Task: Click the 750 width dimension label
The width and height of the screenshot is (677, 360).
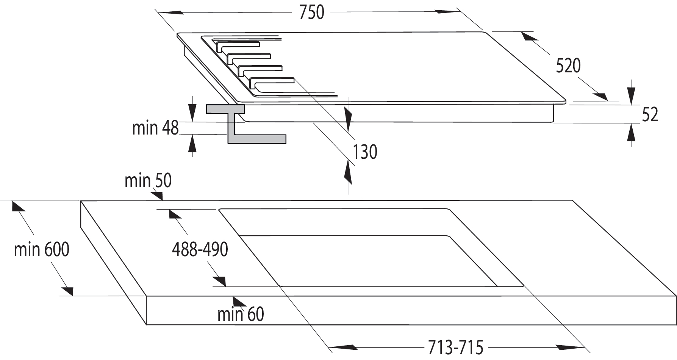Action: [311, 13]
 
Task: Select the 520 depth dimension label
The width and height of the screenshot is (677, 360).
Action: [568, 66]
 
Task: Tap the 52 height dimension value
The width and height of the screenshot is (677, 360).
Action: [650, 114]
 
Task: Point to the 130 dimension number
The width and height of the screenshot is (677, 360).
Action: [365, 152]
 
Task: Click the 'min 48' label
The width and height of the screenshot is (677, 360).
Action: [155, 128]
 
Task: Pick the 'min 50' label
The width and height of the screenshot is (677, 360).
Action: [148, 181]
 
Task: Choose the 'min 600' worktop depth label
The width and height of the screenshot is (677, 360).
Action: [42, 250]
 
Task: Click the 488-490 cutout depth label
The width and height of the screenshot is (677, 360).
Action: [200, 249]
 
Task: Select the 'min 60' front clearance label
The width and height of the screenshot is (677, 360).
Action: [241, 314]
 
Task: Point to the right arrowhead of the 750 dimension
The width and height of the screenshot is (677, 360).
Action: [449, 11]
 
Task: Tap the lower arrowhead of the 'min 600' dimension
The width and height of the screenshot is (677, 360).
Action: [67, 291]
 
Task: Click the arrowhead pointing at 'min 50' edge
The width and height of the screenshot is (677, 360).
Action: [157, 195]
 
